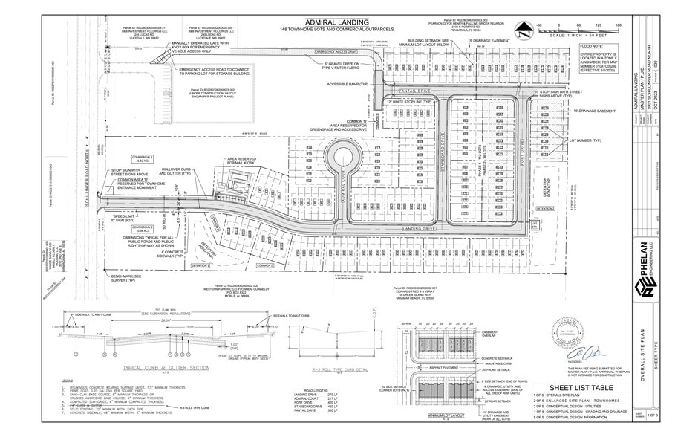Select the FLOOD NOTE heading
[592, 46]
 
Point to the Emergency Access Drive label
[337, 51]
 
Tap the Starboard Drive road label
[440, 159]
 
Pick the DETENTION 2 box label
[546, 209]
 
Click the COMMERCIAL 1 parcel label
[142, 158]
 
